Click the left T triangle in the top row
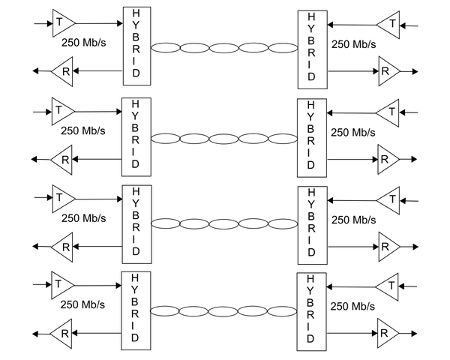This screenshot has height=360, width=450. click(62, 23)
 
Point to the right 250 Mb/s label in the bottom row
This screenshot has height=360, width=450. click(353, 307)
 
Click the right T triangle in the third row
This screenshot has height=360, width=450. click(387, 200)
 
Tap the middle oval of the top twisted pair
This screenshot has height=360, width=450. click(223, 48)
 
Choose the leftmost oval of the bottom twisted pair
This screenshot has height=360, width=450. click(165, 311)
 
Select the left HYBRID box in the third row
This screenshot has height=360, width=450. click(136, 222)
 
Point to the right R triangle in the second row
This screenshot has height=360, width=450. click(388, 159)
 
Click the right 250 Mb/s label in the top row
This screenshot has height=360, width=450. click(353, 44)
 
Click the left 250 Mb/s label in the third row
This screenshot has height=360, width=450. click(83, 218)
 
